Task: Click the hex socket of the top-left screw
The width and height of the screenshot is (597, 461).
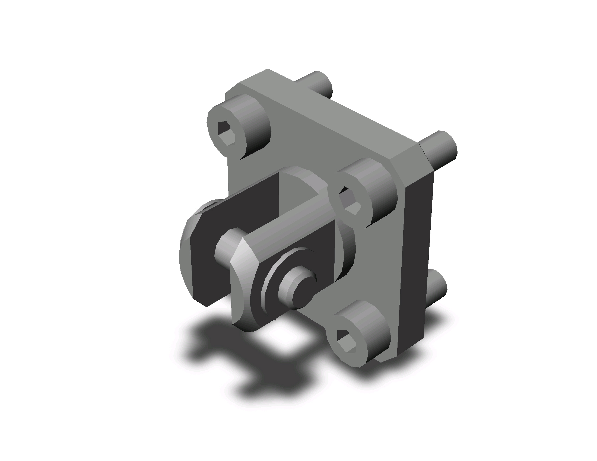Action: tap(226, 133)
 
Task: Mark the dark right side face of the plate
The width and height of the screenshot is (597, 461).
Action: tap(415, 260)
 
